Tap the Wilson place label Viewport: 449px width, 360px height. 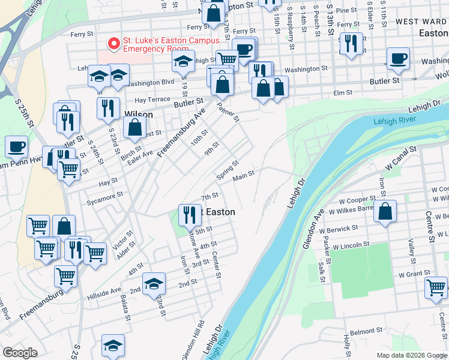pos(138,115)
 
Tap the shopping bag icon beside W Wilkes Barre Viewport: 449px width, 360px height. pos(385,212)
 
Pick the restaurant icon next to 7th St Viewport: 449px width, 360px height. pos(190,214)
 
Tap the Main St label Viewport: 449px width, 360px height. pos(244,175)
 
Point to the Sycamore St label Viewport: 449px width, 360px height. pos(104,195)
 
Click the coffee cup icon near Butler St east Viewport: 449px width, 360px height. pos(398,59)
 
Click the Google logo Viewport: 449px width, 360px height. pos(20,353)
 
